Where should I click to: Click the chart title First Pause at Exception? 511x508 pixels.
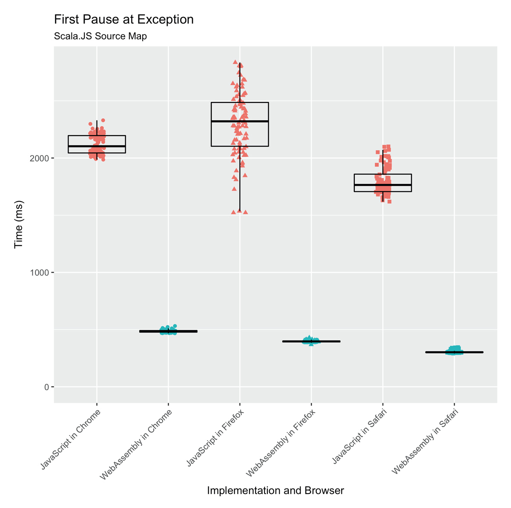coord(123,20)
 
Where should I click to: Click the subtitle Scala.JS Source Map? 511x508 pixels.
coord(100,36)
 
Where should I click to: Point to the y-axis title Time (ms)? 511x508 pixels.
coord(19,224)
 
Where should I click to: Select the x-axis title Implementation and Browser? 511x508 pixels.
coord(275,491)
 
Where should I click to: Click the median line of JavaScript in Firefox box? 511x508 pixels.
coord(240,121)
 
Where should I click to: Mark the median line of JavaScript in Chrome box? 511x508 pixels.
coord(97,146)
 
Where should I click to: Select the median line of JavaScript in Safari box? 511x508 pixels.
coord(383,184)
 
